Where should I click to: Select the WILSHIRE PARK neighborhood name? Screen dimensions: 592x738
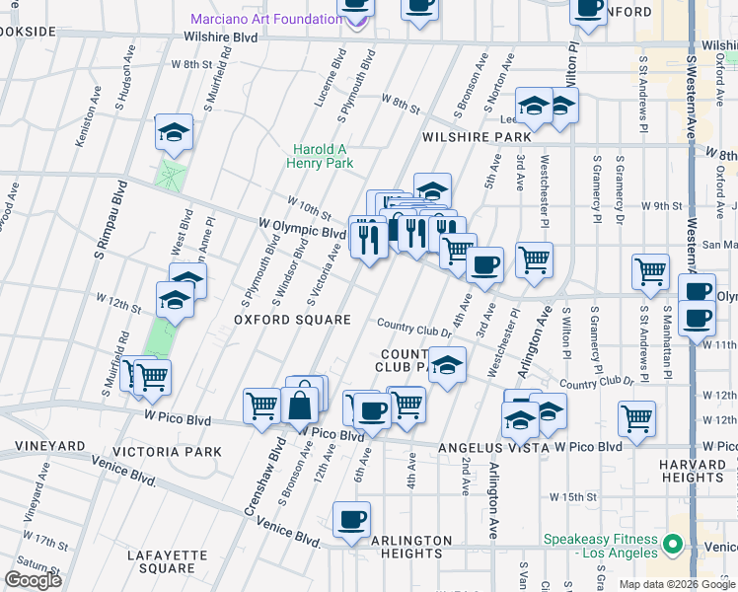pyautogui.click(x=477, y=137)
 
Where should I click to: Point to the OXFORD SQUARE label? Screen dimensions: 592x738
pyautogui.click(x=292, y=320)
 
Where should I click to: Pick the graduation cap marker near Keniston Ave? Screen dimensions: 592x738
pyautogui.click(x=174, y=133)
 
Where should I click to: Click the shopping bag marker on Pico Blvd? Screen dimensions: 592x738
pyautogui.click(x=299, y=404)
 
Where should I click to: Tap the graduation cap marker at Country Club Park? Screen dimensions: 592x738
pyautogui.click(x=447, y=366)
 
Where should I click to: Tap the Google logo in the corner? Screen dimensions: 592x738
pyautogui.click(x=33, y=580)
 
